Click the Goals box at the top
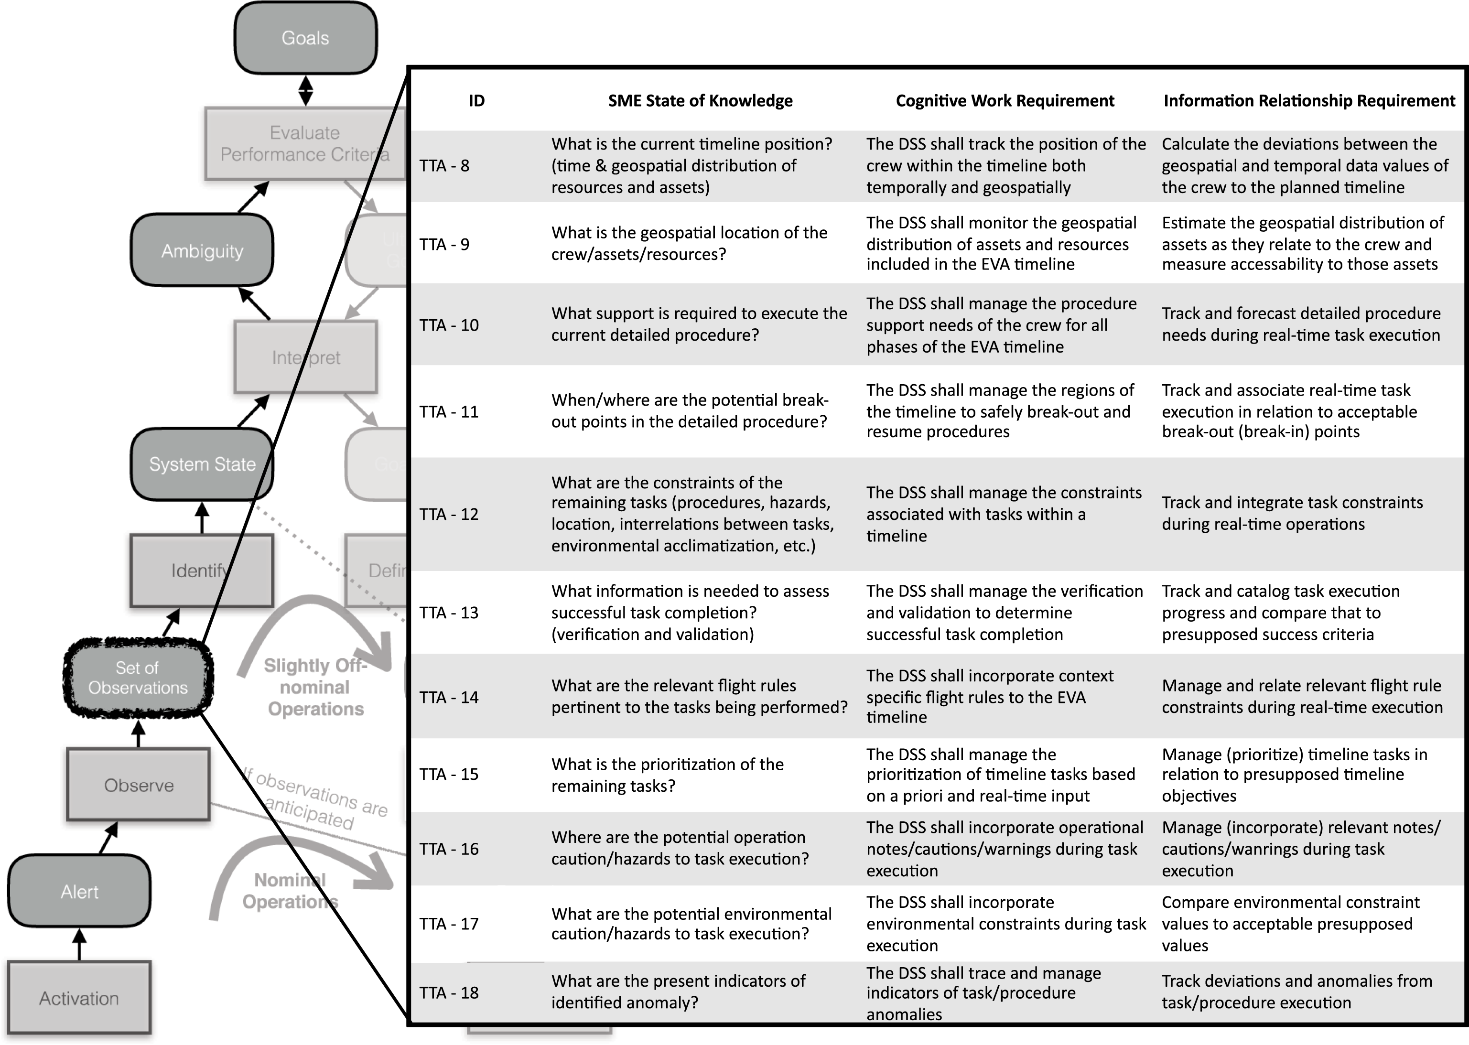pos(305,38)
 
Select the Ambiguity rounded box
pos(202,250)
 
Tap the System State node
pos(202,464)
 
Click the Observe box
pos(138,785)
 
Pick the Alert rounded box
pos(79,891)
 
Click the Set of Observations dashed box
pos(138,678)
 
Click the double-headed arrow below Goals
pos(306,91)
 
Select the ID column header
pos(476,101)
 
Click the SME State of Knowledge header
pos(700,101)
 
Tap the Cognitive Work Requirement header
pos(1005,101)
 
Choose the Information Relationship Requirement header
pos(1309,101)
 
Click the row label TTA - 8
pos(444,166)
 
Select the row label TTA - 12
pos(449,514)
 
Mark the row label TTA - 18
pos(449,992)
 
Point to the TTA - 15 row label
pos(449,774)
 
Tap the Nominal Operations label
pos(289,891)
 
